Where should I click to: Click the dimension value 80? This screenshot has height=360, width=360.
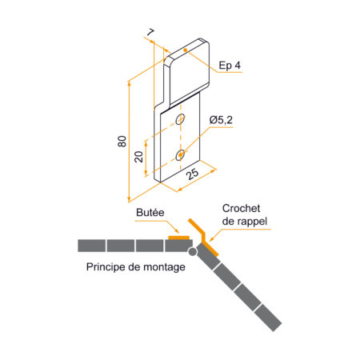(122, 142)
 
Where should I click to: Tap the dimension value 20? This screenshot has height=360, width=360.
(138, 157)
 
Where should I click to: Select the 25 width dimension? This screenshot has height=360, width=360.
(192, 174)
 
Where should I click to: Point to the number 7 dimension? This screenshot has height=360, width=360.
(150, 33)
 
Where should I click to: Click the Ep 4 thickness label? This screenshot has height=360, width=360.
(230, 66)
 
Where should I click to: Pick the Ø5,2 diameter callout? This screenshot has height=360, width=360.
(221, 120)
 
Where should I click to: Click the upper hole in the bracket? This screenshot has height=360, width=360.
(181, 118)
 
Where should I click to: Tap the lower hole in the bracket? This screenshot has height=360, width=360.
(180, 155)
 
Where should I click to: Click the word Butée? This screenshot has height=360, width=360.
(150, 213)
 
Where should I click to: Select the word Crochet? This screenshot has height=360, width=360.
(241, 209)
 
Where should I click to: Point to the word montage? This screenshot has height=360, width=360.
(164, 267)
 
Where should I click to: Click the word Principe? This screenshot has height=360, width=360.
(106, 267)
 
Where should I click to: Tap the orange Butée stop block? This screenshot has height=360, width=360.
(178, 238)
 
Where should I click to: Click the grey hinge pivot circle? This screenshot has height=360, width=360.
(192, 251)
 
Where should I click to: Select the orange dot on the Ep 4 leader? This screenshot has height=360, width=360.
(185, 50)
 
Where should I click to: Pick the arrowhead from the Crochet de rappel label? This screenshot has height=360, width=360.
(212, 238)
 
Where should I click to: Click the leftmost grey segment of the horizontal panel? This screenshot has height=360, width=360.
(91, 246)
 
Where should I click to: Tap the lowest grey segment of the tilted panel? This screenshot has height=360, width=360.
(268, 318)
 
